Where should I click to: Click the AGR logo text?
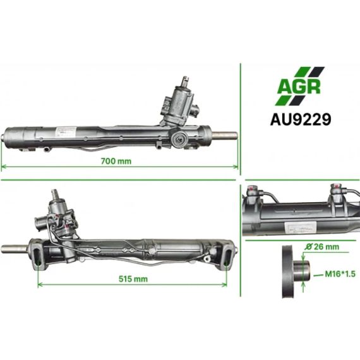[299, 87]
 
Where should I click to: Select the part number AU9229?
[301, 119]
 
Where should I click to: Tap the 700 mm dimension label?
[116, 161]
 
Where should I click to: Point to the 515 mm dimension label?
[133, 279]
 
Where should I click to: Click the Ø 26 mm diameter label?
[322, 247]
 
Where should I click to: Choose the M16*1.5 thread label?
[340, 274]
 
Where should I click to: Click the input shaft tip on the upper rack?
[185, 81]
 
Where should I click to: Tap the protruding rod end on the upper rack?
[225, 136]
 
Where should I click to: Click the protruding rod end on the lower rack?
[15, 249]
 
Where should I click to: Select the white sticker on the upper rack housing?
[66, 132]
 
